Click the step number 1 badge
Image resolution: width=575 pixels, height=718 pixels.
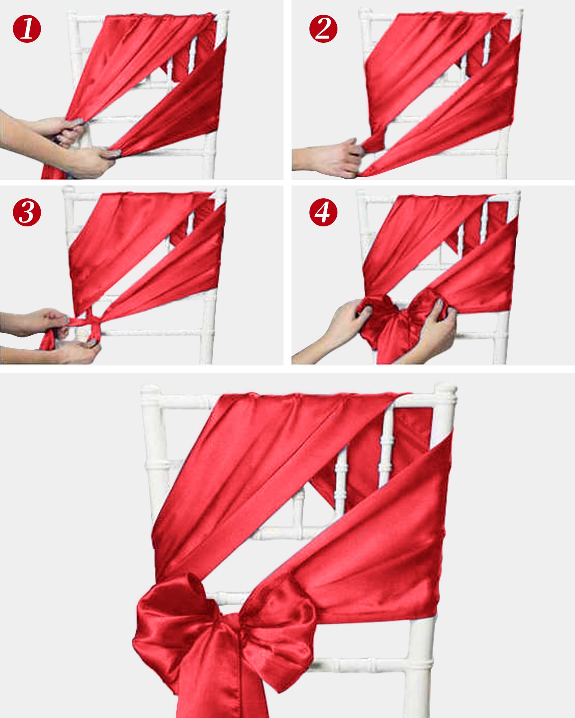coord(27,28)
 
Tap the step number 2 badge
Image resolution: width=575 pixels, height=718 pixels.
coord(323,28)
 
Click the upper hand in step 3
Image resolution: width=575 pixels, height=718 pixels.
coord(36,322)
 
